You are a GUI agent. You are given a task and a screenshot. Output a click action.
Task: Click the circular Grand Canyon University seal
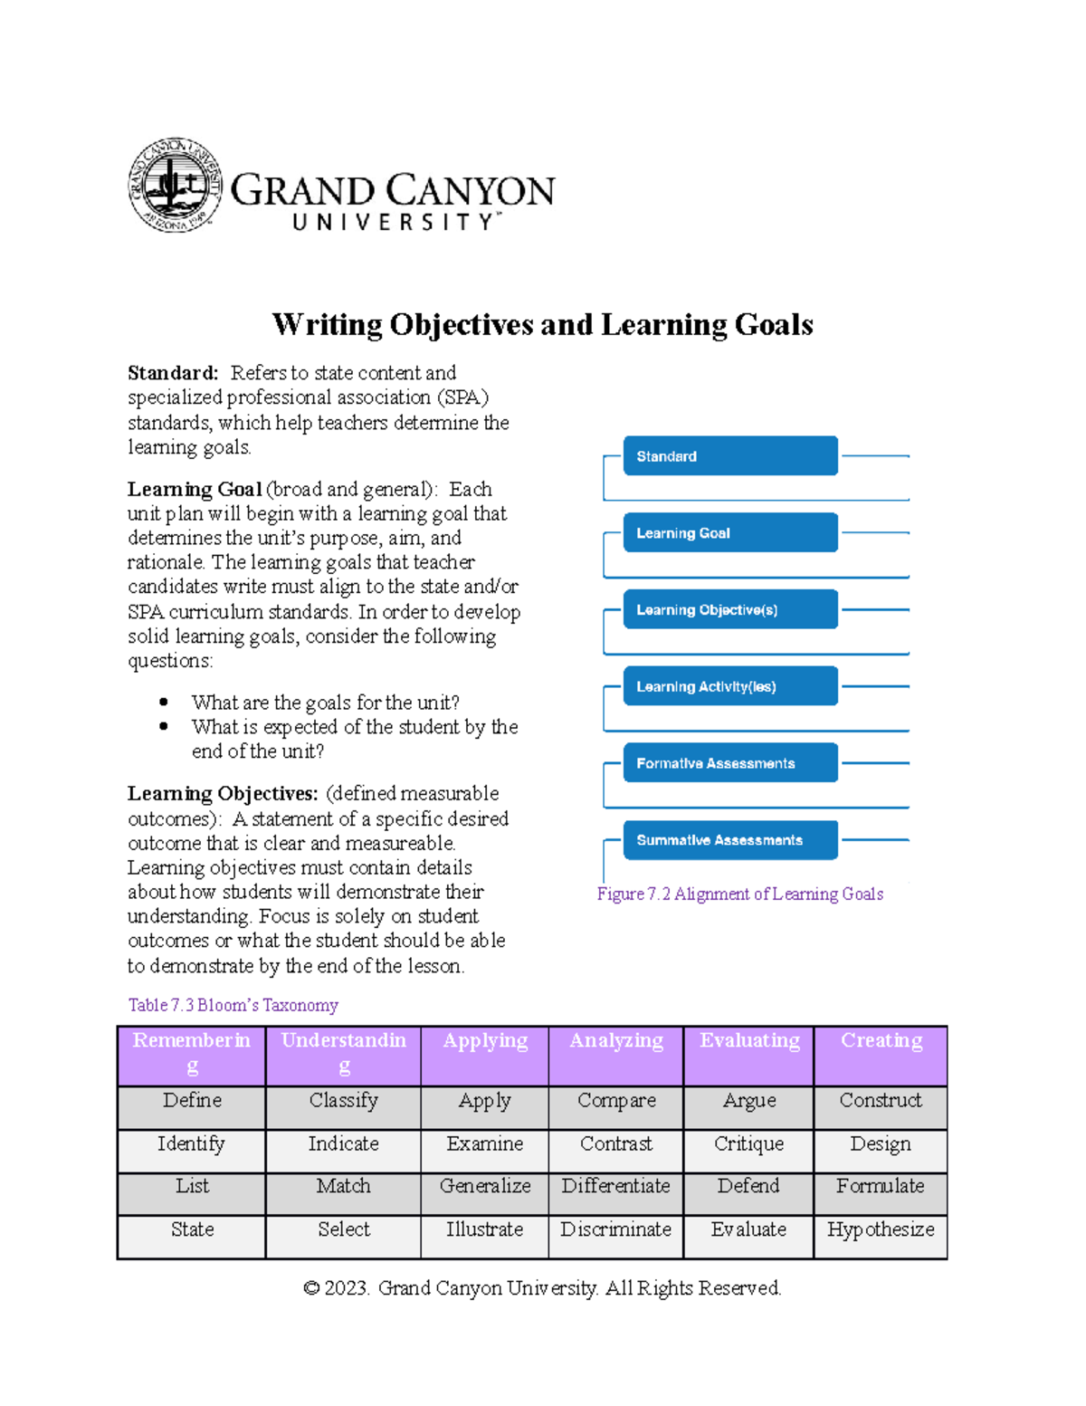pyautogui.click(x=175, y=186)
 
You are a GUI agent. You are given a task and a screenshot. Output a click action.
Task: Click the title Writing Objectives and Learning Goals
pyautogui.click(x=542, y=324)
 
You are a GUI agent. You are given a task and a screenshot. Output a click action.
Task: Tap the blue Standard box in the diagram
pyautogui.click(x=729, y=456)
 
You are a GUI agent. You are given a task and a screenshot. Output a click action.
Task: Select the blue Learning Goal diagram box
pyautogui.click(x=729, y=533)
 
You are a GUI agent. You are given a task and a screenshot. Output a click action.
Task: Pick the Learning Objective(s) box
pyautogui.click(x=729, y=610)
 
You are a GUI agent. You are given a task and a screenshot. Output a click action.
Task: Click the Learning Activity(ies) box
pyautogui.click(x=729, y=686)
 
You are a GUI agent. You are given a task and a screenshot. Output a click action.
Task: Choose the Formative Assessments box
pyautogui.click(x=729, y=763)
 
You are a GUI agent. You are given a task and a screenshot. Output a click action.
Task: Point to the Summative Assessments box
pyautogui.click(x=729, y=840)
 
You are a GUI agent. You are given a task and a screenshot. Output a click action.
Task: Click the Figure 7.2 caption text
pyautogui.click(x=739, y=894)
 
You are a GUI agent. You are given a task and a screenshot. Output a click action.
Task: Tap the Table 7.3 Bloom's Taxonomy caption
pyautogui.click(x=233, y=1005)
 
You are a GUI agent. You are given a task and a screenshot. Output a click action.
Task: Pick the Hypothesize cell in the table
pyautogui.click(x=881, y=1229)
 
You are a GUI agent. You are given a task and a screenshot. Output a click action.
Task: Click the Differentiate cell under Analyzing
pyautogui.click(x=615, y=1186)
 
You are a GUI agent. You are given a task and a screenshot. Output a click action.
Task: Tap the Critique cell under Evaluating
pyautogui.click(x=748, y=1144)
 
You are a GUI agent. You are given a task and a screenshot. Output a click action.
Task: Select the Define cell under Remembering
pyautogui.click(x=192, y=1101)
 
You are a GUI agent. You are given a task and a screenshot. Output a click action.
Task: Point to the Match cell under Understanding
pyautogui.click(x=343, y=1186)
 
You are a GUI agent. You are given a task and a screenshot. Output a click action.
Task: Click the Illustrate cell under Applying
pyautogui.click(x=484, y=1229)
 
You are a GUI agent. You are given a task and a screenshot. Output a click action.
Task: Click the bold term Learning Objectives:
pyautogui.click(x=223, y=794)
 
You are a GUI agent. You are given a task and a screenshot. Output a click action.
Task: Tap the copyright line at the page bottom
pyautogui.click(x=542, y=1288)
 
